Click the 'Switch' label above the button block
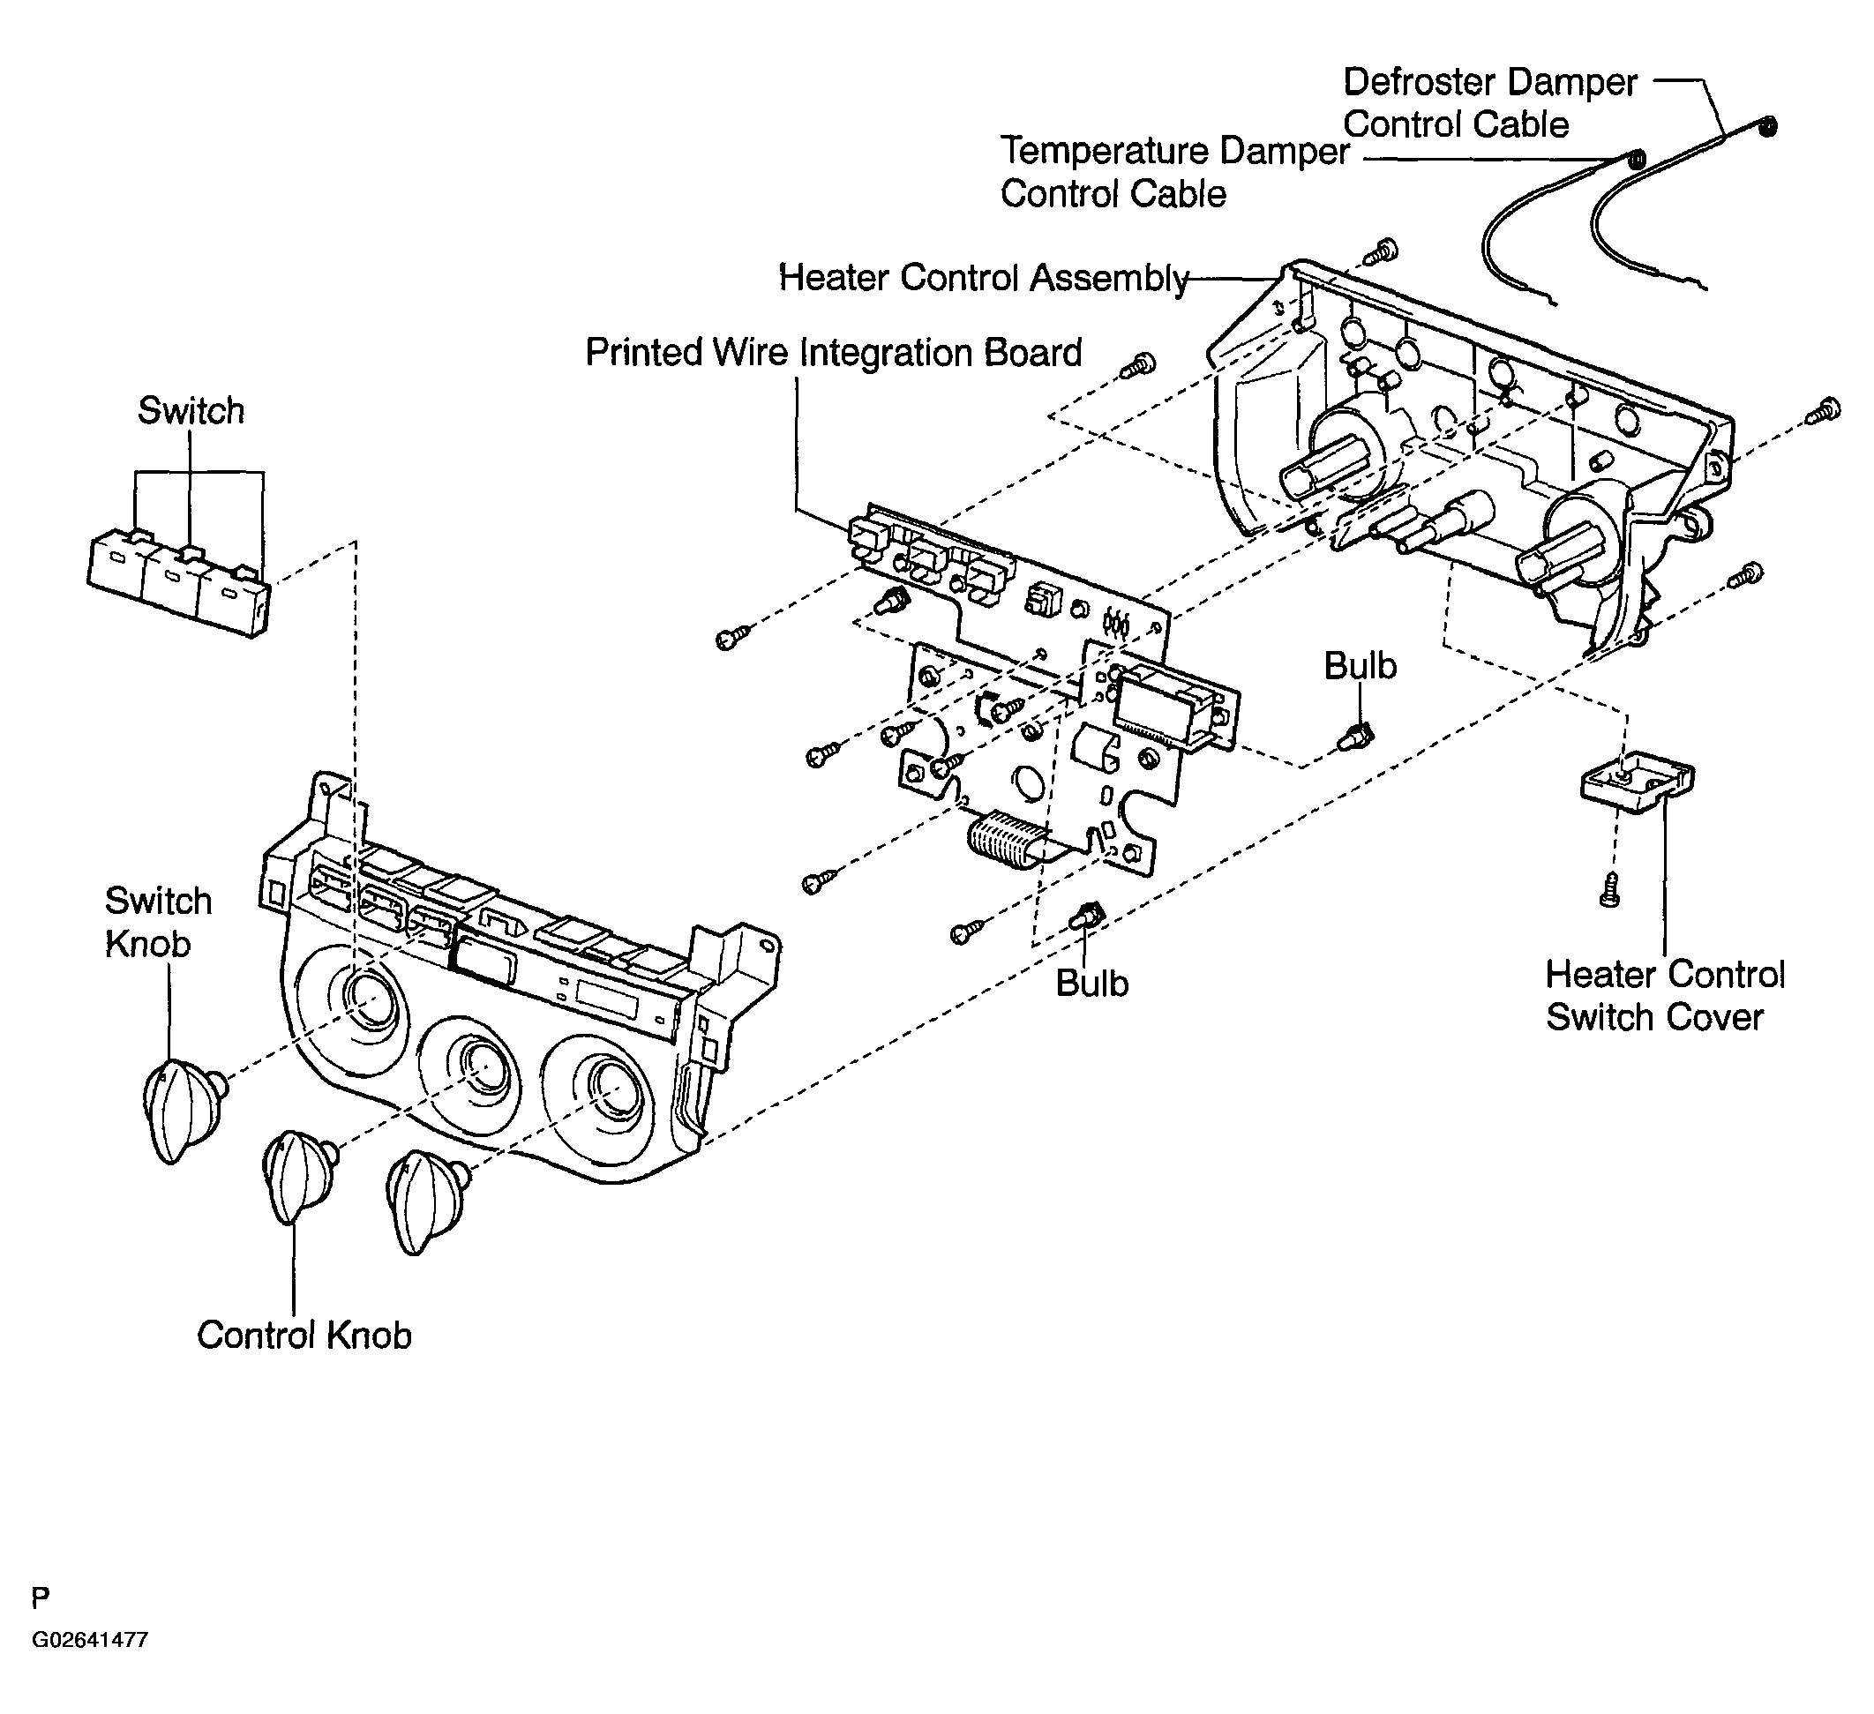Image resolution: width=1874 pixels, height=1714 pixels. click(191, 411)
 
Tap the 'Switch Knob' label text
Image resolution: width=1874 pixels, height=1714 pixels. click(158, 922)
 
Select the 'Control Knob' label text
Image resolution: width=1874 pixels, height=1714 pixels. click(304, 1336)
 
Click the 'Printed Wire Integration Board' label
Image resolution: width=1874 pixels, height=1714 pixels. click(834, 353)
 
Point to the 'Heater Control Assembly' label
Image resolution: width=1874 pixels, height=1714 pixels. click(984, 278)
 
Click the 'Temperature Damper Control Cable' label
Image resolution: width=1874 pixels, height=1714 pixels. click(1175, 172)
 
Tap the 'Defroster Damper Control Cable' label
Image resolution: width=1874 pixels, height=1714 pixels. click(1490, 103)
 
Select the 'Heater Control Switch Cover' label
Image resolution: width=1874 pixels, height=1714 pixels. click(1665, 995)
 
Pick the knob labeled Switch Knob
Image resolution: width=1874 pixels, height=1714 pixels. click(184, 1111)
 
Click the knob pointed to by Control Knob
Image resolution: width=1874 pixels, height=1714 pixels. click(299, 1179)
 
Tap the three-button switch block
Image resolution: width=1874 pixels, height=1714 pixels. click(178, 583)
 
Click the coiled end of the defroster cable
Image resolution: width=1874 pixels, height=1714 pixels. click(1768, 126)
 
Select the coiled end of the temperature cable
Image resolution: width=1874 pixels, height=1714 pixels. click(1635, 159)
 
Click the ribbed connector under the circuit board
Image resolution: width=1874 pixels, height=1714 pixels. click(1007, 841)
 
